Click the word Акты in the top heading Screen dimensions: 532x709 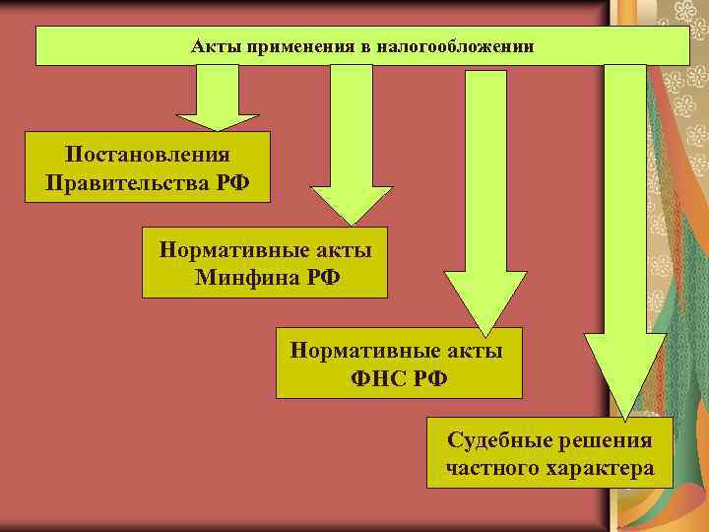pyautogui.click(x=210, y=46)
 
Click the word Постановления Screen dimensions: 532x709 pyautogui.click(x=148, y=155)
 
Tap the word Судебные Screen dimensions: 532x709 pyautogui.click(x=495, y=439)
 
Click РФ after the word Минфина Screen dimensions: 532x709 pyautogui.click(x=317, y=276)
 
